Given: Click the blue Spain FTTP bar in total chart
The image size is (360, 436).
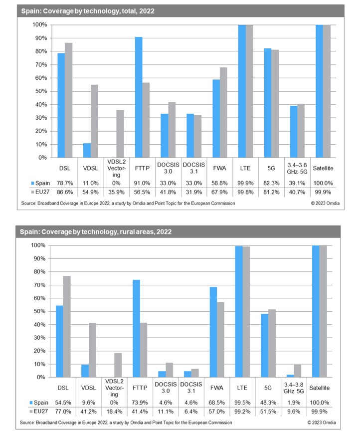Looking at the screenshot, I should (x=139, y=97).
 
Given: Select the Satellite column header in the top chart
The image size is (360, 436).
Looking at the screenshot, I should (x=326, y=169).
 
